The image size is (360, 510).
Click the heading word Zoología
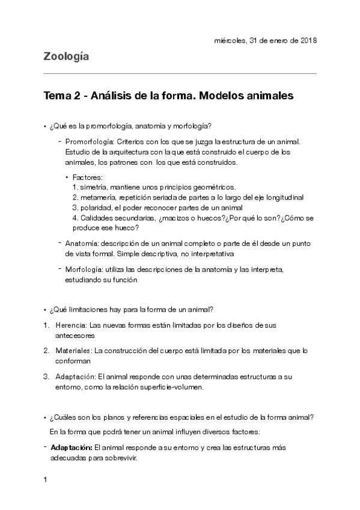click(x=66, y=57)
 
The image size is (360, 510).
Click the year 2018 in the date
click(x=307, y=41)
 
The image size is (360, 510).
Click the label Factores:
click(x=88, y=178)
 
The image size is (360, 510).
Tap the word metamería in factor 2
click(x=100, y=197)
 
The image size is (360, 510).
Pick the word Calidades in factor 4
click(x=99, y=218)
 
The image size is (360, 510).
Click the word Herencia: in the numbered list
click(x=71, y=325)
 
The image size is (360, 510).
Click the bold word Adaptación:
click(x=71, y=447)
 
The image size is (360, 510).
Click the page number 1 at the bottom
click(x=45, y=480)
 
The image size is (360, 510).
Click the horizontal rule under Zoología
click(x=180, y=73)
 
